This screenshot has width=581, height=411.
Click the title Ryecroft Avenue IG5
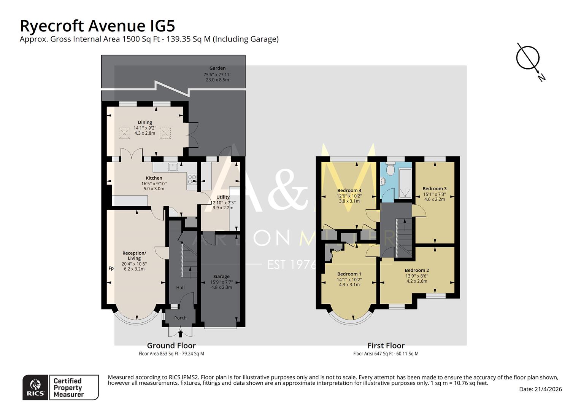tap(97, 26)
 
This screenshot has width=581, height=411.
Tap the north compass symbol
tap(528, 58)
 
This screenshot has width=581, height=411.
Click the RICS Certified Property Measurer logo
tap(61, 387)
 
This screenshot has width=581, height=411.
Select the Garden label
tap(217, 68)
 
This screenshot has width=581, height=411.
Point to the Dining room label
tap(145, 122)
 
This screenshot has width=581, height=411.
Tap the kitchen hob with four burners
tap(192, 179)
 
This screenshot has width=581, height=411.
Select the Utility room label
tap(223, 197)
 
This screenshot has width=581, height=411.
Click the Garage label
tap(222, 276)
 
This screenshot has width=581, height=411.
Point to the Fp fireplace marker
tap(111, 268)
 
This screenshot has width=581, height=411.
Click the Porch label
tap(180, 318)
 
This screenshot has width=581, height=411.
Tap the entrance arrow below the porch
tap(180, 334)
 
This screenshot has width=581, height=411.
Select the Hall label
tap(180, 288)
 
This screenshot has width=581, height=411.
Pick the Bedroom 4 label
tap(349, 190)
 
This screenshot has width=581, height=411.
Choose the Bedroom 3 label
tap(434, 188)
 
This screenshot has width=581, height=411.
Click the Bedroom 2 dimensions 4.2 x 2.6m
tap(417, 281)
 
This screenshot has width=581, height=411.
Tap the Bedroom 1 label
tap(349, 274)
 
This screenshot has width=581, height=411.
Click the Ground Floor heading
tap(171, 346)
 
